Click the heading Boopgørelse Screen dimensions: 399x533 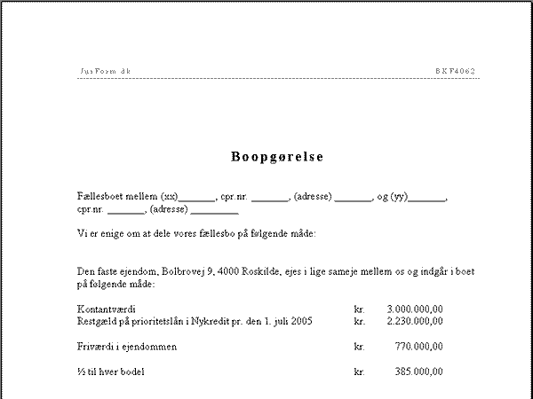277,157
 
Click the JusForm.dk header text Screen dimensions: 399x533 106,70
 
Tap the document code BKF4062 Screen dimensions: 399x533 456,70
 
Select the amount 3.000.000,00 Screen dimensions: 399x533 415,309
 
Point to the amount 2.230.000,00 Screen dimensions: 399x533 415,320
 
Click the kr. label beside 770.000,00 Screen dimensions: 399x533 359,346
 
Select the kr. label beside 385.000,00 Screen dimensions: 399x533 359,372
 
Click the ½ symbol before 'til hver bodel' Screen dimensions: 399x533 82,372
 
